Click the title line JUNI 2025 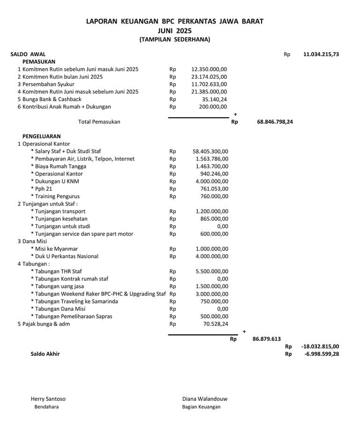(175, 30)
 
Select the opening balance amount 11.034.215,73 (321, 54)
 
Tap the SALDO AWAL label (28, 54)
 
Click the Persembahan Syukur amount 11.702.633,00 (209, 84)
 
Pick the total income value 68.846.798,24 (275, 122)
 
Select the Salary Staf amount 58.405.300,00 (210, 151)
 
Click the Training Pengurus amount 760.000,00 (213, 196)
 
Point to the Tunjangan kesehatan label (59, 219)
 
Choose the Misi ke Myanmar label (54, 249)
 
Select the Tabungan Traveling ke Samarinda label (74, 301)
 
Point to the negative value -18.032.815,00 (321, 347)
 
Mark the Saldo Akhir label (45, 354)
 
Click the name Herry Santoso (48, 399)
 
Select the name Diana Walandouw (205, 399)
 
